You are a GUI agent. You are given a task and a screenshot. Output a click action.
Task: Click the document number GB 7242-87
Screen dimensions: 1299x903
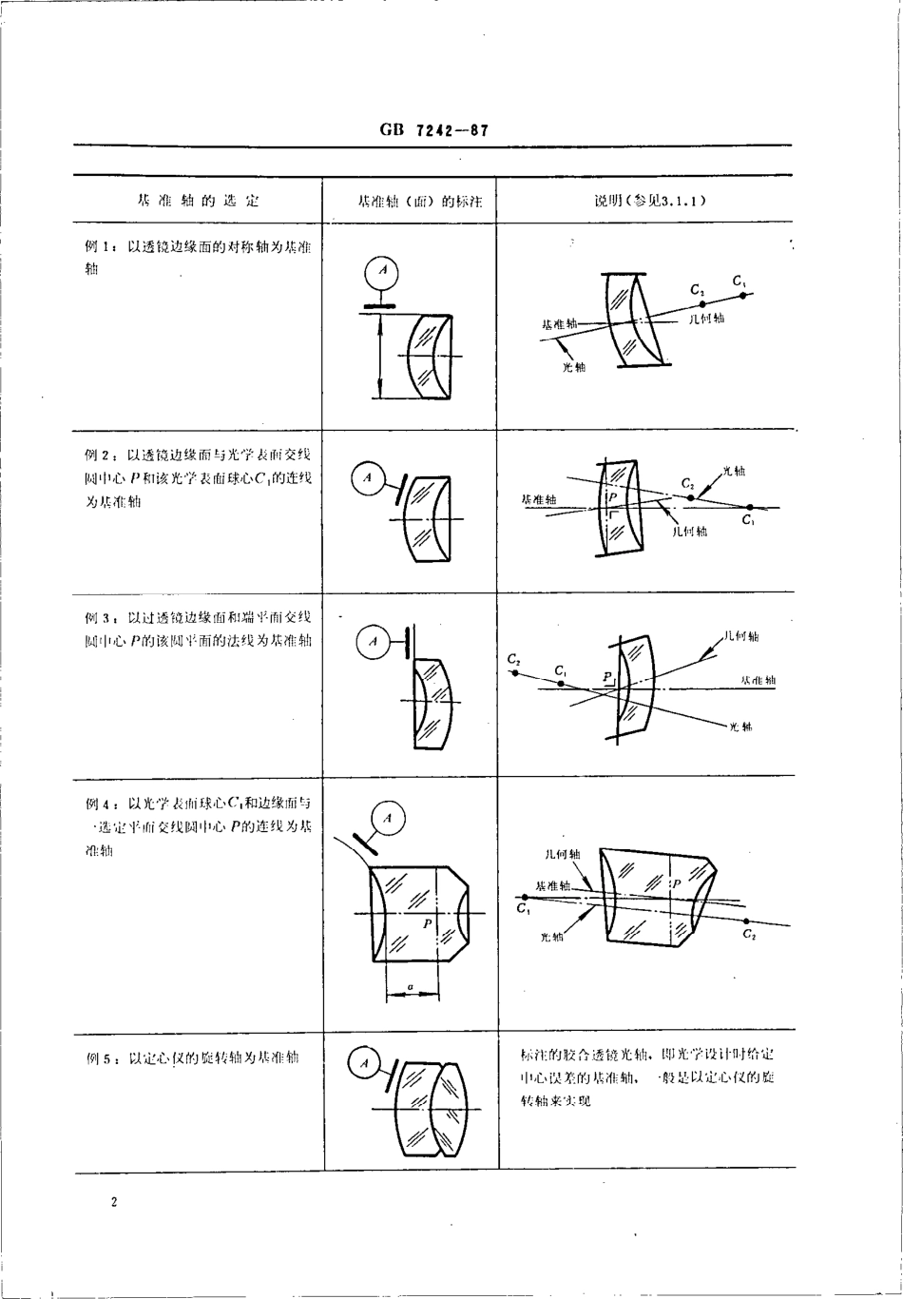433,131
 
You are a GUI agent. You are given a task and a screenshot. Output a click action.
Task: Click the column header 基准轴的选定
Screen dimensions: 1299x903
198,202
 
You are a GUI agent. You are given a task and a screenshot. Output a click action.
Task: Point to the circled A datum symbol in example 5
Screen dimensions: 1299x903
364,1063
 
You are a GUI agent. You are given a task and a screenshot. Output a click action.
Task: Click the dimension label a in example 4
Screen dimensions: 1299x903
410,988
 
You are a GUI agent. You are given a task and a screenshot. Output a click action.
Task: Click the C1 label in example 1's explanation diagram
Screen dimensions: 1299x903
740,281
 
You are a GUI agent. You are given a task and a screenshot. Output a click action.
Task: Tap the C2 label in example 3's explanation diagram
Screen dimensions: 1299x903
514,658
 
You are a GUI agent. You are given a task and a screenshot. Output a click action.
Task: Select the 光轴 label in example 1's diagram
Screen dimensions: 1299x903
574,367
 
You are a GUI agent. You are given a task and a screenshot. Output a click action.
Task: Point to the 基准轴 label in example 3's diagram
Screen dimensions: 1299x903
758,680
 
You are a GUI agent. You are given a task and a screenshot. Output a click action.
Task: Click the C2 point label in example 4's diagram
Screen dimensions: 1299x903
749,935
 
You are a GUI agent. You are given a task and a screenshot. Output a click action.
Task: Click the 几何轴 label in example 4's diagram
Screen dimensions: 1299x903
563,855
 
